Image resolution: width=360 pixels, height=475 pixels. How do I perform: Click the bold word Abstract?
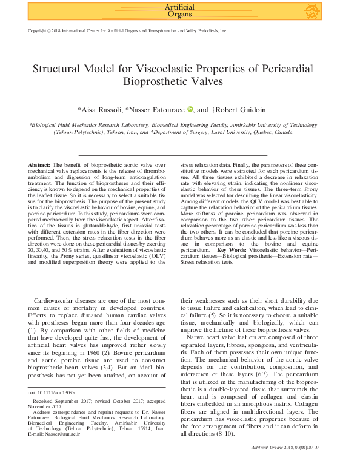[39, 165]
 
